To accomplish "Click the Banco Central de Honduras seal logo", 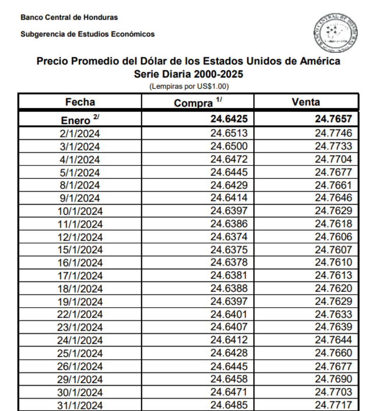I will pyautogui.click(x=336, y=32).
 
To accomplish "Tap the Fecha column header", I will pyautogui.click(x=80, y=102).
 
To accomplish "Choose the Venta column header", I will pyautogui.click(x=306, y=102).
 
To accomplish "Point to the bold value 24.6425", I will pyautogui.click(x=229, y=119).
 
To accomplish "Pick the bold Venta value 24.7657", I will pyautogui.click(x=333, y=119).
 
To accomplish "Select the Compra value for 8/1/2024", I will pyautogui.click(x=229, y=185).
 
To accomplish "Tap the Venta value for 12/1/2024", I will pyautogui.click(x=333, y=237).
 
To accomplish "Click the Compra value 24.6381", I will pyautogui.click(x=229, y=275).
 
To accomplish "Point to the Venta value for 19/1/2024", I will pyautogui.click(x=333, y=301).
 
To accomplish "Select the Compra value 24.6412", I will pyautogui.click(x=229, y=340).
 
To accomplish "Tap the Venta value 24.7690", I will pyautogui.click(x=333, y=379).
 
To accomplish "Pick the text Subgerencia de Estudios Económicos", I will pyautogui.click(x=87, y=34).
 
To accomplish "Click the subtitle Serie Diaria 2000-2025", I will pyautogui.click(x=188, y=74).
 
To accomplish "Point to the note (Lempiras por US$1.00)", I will pyautogui.click(x=189, y=86).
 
